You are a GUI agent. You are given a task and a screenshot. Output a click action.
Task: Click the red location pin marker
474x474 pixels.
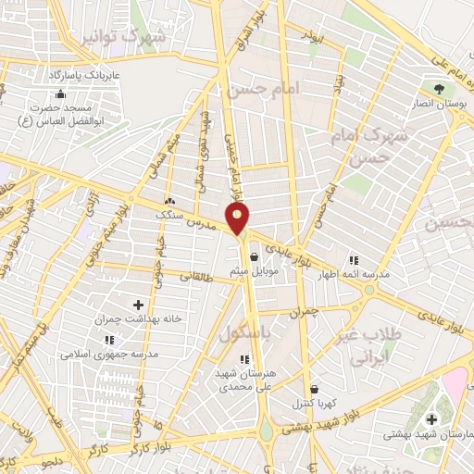(238, 218)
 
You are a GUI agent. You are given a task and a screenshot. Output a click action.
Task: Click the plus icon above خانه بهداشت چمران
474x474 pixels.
(138, 305)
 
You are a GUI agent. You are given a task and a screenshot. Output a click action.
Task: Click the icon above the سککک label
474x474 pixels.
(168, 201)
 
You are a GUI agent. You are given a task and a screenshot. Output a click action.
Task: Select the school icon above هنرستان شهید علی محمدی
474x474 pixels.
(245, 359)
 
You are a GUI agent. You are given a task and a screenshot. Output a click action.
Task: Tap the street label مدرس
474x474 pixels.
(200, 224)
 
